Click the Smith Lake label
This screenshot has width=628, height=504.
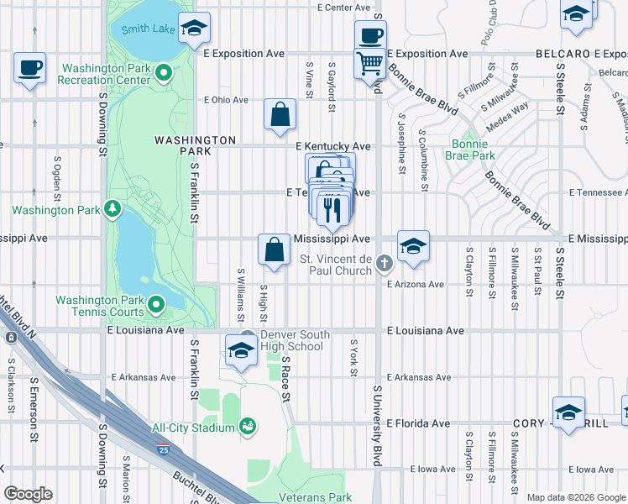coord(148,29)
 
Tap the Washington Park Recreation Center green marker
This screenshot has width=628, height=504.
coord(166,74)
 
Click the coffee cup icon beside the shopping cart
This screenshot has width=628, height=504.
coord(369,36)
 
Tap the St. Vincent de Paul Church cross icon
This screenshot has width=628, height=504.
coord(385,264)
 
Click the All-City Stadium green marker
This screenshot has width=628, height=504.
coord(247,428)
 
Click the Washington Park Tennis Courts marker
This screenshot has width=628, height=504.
coord(156,303)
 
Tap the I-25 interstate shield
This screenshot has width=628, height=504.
coord(162,450)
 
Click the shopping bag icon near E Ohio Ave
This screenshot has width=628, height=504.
coord(280,114)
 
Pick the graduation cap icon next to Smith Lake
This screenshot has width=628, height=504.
coord(194,29)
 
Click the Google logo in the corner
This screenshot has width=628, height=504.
coord(28,494)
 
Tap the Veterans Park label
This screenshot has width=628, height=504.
coord(323,497)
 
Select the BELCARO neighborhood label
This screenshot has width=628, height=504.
coord(563,54)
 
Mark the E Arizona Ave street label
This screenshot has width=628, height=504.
coord(415,284)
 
